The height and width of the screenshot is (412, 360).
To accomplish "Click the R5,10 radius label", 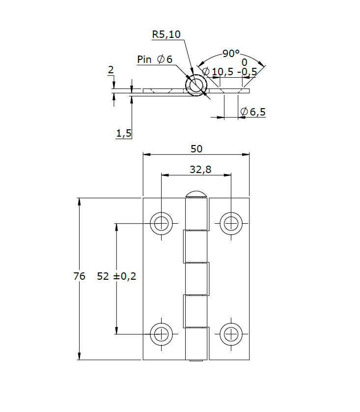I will (x=166, y=34).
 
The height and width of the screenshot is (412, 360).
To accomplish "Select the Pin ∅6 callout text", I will (x=155, y=59).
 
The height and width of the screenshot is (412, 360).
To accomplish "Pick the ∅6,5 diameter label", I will (x=253, y=112).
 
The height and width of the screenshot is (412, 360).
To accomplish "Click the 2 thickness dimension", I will (x=111, y=70).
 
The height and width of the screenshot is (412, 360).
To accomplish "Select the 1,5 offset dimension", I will (x=124, y=133).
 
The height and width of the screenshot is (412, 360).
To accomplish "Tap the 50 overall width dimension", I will (x=196, y=148).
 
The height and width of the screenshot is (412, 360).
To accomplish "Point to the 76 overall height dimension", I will (x=79, y=276).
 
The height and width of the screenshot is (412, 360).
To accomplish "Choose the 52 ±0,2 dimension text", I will (x=116, y=276).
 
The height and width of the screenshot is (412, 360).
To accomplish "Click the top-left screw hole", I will (x=161, y=223).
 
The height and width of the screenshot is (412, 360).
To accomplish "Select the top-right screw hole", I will (x=230, y=223).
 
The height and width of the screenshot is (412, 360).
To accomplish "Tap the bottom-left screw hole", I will (x=161, y=334).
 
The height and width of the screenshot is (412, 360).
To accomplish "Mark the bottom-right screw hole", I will (x=230, y=334).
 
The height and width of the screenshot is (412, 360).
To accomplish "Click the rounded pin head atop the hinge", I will (x=196, y=193).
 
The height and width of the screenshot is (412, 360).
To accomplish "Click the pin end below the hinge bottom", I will (x=196, y=361).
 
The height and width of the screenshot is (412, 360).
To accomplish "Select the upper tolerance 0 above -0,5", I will (x=244, y=62).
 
